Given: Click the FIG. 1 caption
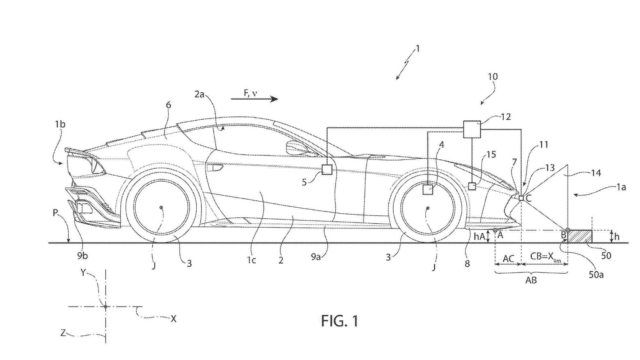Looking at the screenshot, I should click(340, 321).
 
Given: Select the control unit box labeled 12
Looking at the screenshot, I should click(472, 129).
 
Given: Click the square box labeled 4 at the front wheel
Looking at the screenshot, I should click(428, 189).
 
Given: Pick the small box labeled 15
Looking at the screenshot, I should click(472, 186).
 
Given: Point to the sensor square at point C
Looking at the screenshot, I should click(521, 198).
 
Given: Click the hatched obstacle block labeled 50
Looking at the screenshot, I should click(579, 236).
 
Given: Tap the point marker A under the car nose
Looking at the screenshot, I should click(495, 230).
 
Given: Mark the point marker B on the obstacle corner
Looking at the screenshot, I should click(567, 230).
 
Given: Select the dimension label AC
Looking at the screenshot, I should click(508, 258).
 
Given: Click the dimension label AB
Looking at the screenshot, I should click(531, 280).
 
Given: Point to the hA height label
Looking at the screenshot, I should click(479, 236).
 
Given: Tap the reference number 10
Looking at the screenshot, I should click(493, 77).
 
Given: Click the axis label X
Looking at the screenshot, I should click(173, 319).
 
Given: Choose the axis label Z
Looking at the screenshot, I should click(63, 333).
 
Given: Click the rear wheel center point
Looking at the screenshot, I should click(161, 208).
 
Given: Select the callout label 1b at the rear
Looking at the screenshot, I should click(60, 124).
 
